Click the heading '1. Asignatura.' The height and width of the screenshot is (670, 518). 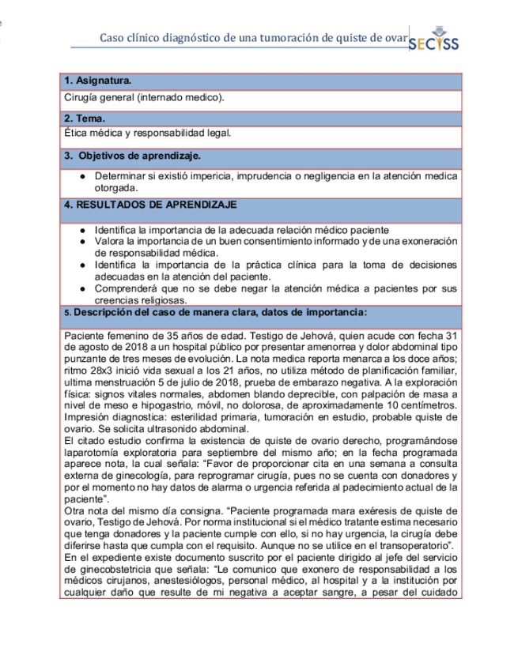[98, 81]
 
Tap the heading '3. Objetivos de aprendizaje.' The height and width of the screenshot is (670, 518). [132, 154]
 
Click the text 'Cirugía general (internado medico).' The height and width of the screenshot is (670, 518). [144, 97]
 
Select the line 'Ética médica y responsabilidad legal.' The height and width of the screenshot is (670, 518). [148, 134]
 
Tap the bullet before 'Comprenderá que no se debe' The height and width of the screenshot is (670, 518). [82, 288]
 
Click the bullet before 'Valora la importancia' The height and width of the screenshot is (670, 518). [82, 241]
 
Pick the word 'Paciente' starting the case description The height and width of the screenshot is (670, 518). [82, 337]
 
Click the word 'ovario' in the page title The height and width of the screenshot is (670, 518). [392, 37]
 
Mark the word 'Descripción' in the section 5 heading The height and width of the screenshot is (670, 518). [104, 312]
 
